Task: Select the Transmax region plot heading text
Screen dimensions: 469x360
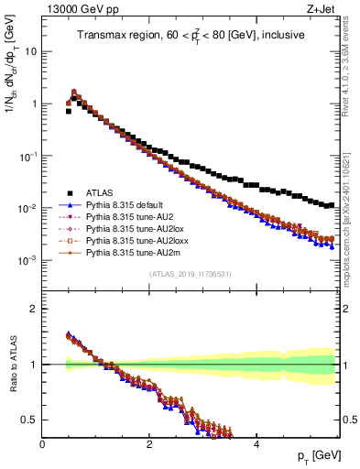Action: [x=191, y=37]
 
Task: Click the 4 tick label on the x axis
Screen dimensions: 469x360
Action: [x=256, y=443]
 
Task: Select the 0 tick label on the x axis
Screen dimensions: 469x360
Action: [x=42, y=443]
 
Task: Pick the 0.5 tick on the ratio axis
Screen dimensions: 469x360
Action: [x=29, y=420]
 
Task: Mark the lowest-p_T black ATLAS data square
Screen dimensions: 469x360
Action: [x=69, y=111]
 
